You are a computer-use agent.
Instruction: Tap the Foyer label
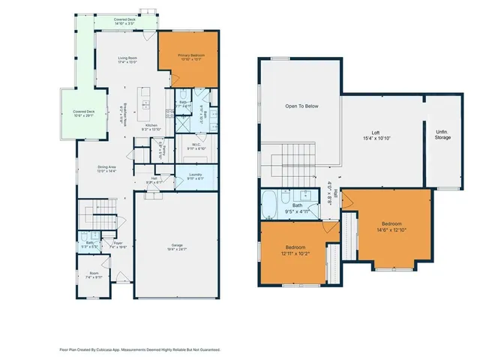click(x=118, y=243)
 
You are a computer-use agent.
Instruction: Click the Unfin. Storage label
click(x=442, y=136)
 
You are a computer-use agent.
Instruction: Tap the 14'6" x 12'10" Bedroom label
click(x=392, y=226)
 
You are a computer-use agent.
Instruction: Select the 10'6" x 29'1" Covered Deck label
click(x=82, y=114)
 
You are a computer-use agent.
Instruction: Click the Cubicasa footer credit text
click(x=139, y=349)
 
